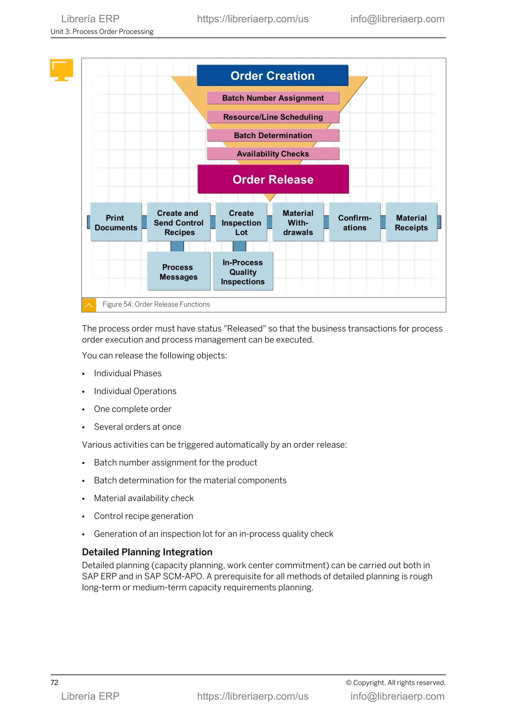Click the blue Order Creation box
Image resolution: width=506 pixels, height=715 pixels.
272,76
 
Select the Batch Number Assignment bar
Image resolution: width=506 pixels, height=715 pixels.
273,98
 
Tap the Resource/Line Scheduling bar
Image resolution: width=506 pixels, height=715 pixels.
273,117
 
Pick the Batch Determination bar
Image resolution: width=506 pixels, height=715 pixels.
273,136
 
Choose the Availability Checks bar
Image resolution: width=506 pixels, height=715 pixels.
273,154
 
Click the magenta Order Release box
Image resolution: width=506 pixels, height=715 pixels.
273,179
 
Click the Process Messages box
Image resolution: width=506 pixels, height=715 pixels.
179,272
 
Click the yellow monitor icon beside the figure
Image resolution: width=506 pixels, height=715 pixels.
61,69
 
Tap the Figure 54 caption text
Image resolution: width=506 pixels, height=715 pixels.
156,304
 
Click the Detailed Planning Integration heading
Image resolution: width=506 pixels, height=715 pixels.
147,552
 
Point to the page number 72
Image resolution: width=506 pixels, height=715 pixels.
55,682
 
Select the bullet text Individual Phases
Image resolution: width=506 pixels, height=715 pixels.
128,373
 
